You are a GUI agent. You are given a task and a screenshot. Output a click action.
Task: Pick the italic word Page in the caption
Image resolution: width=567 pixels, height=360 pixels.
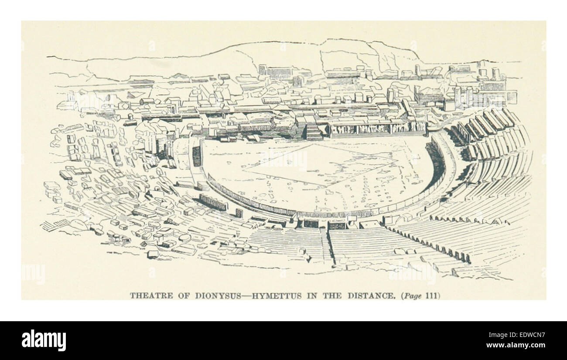(413, 295)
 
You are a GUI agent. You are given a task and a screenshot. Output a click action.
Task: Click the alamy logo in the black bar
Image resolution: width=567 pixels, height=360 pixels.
(44, 340)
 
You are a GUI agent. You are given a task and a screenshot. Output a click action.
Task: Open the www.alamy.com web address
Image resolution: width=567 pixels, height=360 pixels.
(514, 346)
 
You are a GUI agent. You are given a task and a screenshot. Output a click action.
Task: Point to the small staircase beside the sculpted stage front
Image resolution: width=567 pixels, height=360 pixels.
(314, 132)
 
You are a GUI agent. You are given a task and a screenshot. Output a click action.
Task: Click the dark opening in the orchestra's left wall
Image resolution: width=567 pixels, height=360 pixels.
(197, 156)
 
